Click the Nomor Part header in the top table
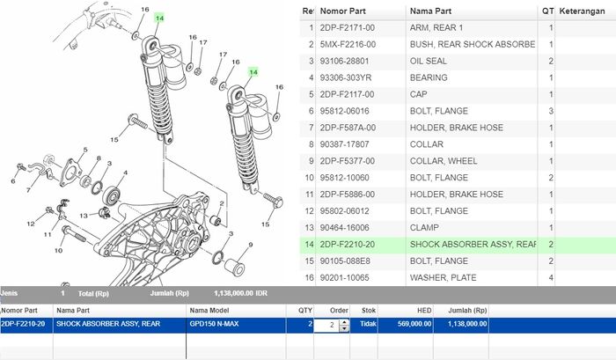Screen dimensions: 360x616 (343, 11)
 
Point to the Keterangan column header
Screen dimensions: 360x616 (586, 11)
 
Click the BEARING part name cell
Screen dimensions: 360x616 (431, 77)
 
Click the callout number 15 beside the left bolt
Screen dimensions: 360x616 (114, 140)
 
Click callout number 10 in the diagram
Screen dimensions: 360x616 (58, 251)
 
